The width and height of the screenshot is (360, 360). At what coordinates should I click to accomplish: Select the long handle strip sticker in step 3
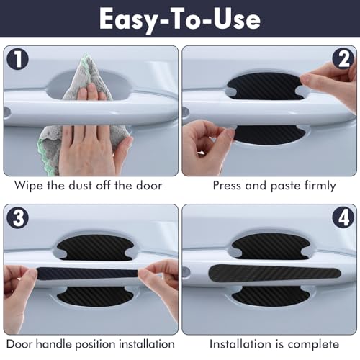[90, 273]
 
